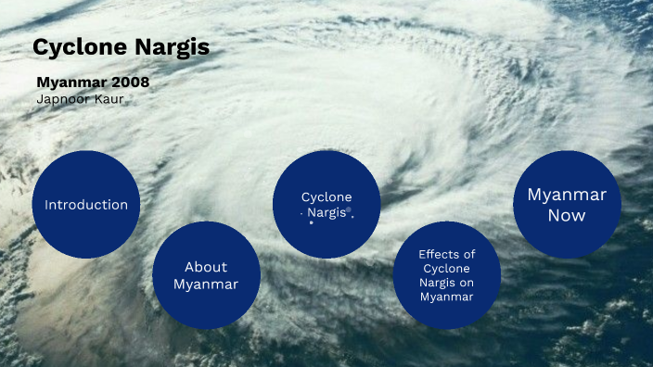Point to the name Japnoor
click(x=62, y=98)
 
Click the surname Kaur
click(x=108, y=98)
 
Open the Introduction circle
click(x=85, y=205)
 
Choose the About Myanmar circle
click(x=206, y=275)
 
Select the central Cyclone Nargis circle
click(x=326, y=205)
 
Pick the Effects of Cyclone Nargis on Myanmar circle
click(x=447, y=275)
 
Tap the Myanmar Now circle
click(x=567, y=205)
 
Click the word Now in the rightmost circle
click(x=567, y=215)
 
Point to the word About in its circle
click(x=206, y=266)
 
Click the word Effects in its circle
click(x=447, y=253)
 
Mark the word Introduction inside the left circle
click(x=86, y=205)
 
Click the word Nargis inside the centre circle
click(x=326, y=212)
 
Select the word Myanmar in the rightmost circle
click(x=567, y=195)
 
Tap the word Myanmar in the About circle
click(x=206, y=284)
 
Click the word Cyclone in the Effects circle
click(x=447, y=268)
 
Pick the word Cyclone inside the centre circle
click(x=326, y=196)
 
